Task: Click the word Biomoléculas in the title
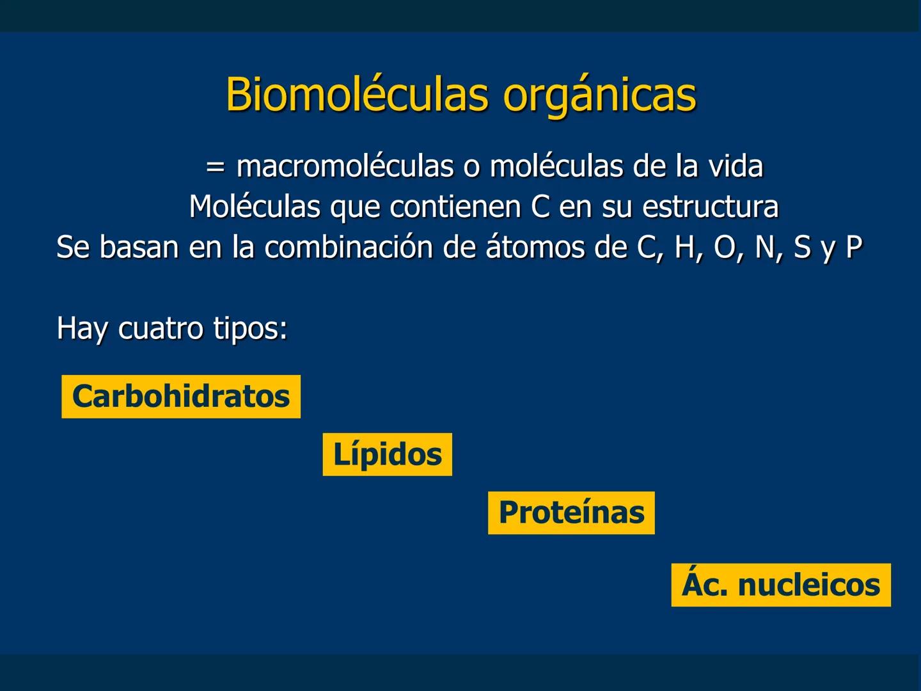coord(356,95)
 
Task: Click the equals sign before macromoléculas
coord(216,167)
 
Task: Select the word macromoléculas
coord(345,166)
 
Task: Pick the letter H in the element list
coord(685,247)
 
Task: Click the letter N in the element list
coord(764,247)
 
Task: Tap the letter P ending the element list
coord(854,247)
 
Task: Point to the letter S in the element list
coord(802,247)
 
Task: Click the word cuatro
coord(161,328)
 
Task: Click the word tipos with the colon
coord(250,330)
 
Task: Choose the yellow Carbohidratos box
coord(181,397)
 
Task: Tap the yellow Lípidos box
coord(387,454)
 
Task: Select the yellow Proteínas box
coord(571,512)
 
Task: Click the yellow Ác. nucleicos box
coord(780,585)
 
